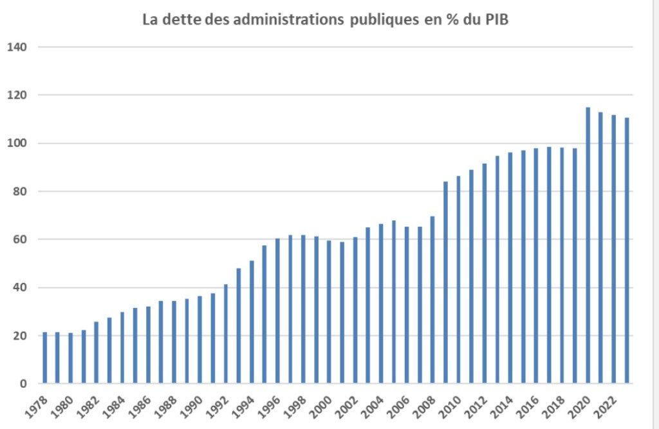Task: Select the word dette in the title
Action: tap(181, 20)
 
